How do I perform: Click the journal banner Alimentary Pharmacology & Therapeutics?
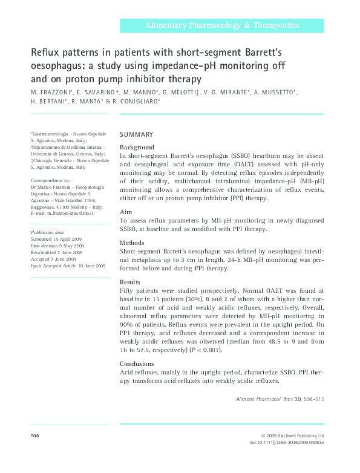point(221,25)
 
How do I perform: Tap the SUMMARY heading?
point(136,134)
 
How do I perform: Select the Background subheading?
point(137,147)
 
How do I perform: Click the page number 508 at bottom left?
point(34,435)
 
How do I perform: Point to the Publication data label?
point(47,232)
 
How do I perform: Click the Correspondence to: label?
point(50,180)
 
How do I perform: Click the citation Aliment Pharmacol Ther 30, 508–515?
point(279,400)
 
